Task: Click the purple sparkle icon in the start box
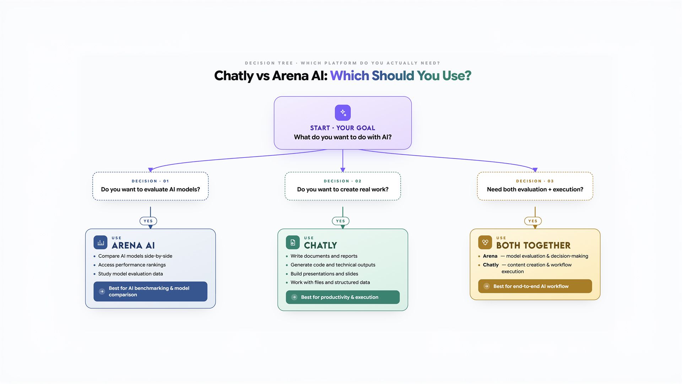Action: (x=343, y=113)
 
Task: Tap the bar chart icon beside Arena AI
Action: (x=101, y=242)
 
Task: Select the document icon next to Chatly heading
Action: (x=293, y=242)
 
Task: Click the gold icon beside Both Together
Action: (x=485, y=242)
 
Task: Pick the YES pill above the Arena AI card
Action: (x=148, y=221)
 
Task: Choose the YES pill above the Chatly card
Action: (x=340, y=221)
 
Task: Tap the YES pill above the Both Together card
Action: (x=533, y=221)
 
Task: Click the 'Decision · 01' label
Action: (x=150, y=181)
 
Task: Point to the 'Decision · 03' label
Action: (x=535, y=181)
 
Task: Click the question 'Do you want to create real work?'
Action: (x=343, y=190)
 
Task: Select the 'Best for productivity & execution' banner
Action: (x=343, y=297)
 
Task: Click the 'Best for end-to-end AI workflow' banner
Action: (x=535, y=286)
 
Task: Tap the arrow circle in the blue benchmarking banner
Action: (x=102, y=292)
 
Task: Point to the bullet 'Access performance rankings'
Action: (x=132, y=265)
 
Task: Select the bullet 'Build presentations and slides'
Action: (x=324, y=274)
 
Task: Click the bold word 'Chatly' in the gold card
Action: (x=491, y=265)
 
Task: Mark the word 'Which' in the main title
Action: (x=350, y=76)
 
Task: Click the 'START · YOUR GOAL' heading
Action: (x=342, y=128)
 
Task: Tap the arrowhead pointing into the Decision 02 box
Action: (x=343, y=170)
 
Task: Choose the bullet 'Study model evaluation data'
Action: (x=130, y=274)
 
